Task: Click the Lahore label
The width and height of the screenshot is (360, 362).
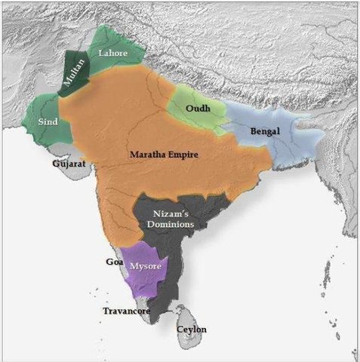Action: [x=113, y=52]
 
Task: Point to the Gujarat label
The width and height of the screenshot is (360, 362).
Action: [x=67, y=163]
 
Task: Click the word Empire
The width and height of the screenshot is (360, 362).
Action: [x=183, y=155]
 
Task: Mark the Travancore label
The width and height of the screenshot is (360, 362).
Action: [x=127, y=311]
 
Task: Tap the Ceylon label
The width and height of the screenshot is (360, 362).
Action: [x=191, y=330]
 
